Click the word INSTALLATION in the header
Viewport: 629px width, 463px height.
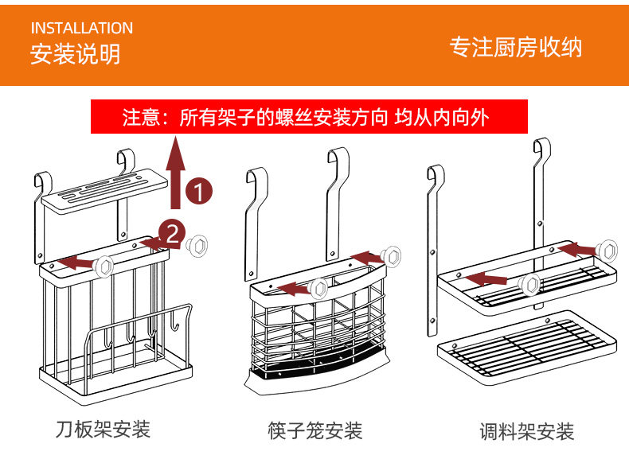(82, 29)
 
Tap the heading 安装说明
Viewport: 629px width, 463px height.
(76, 54)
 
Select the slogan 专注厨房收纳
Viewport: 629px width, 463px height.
(516, 47)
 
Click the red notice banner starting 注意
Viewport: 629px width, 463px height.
(310, 118)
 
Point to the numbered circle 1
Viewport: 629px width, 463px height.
(199, 192)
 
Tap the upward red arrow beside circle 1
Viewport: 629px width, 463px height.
(178, 170)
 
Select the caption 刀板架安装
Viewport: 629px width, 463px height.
(103, 430)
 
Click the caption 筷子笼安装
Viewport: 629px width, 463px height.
(314, 430)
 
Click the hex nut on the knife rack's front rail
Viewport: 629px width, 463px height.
(104, 266)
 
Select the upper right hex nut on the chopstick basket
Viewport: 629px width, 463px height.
(390, 256)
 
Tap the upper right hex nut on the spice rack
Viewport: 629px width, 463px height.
(609, 248)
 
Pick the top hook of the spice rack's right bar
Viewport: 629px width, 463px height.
(542, 148)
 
